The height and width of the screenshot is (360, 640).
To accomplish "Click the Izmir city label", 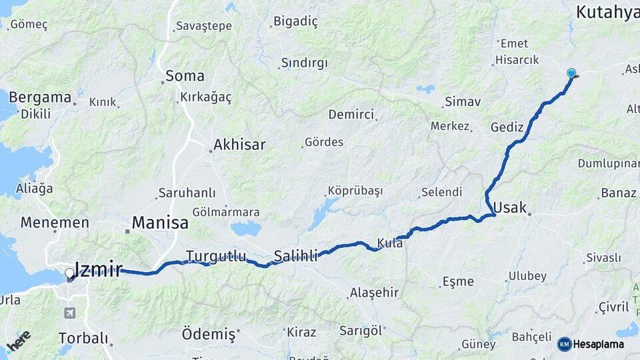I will point(99,270).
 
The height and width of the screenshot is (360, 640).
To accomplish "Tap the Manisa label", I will point(160,223).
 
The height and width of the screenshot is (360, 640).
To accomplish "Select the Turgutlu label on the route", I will point(216,256).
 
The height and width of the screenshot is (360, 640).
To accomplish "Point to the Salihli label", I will point(295,255).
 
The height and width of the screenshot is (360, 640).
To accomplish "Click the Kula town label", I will point(390,243).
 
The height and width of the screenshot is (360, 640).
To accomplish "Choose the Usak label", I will point(509,207).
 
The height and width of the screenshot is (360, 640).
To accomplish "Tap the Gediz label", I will point(507,127).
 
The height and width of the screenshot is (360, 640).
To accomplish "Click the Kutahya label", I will point(607,12).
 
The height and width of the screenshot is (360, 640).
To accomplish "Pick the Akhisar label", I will point(239,145).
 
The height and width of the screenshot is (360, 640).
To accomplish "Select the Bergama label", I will point(39,97).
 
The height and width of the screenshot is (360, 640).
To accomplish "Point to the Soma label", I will point(185,75).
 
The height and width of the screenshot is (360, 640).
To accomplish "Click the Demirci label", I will point(351,115).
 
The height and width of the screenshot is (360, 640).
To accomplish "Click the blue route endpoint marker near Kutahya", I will point(571,73).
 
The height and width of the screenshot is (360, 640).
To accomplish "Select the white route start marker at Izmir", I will point(69,273).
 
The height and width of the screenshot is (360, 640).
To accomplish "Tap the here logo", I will point(19,342).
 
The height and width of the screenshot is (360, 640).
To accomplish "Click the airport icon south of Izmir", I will point(70,313).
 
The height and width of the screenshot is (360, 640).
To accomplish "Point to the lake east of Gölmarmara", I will point(246,229).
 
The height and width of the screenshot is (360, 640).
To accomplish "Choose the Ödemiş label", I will point(209,333).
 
